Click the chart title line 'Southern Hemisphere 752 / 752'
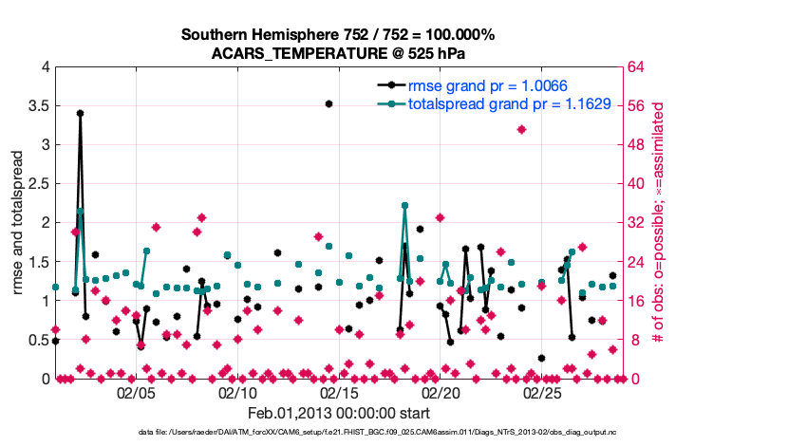point(338,35)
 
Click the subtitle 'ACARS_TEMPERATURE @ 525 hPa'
point(338,53)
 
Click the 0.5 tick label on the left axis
point(37,340)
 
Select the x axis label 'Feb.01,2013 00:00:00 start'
point(338,413)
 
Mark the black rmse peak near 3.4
point(80,113)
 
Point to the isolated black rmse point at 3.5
point(328,103)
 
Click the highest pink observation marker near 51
point(521,129)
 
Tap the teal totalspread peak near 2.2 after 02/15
point(404,205)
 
